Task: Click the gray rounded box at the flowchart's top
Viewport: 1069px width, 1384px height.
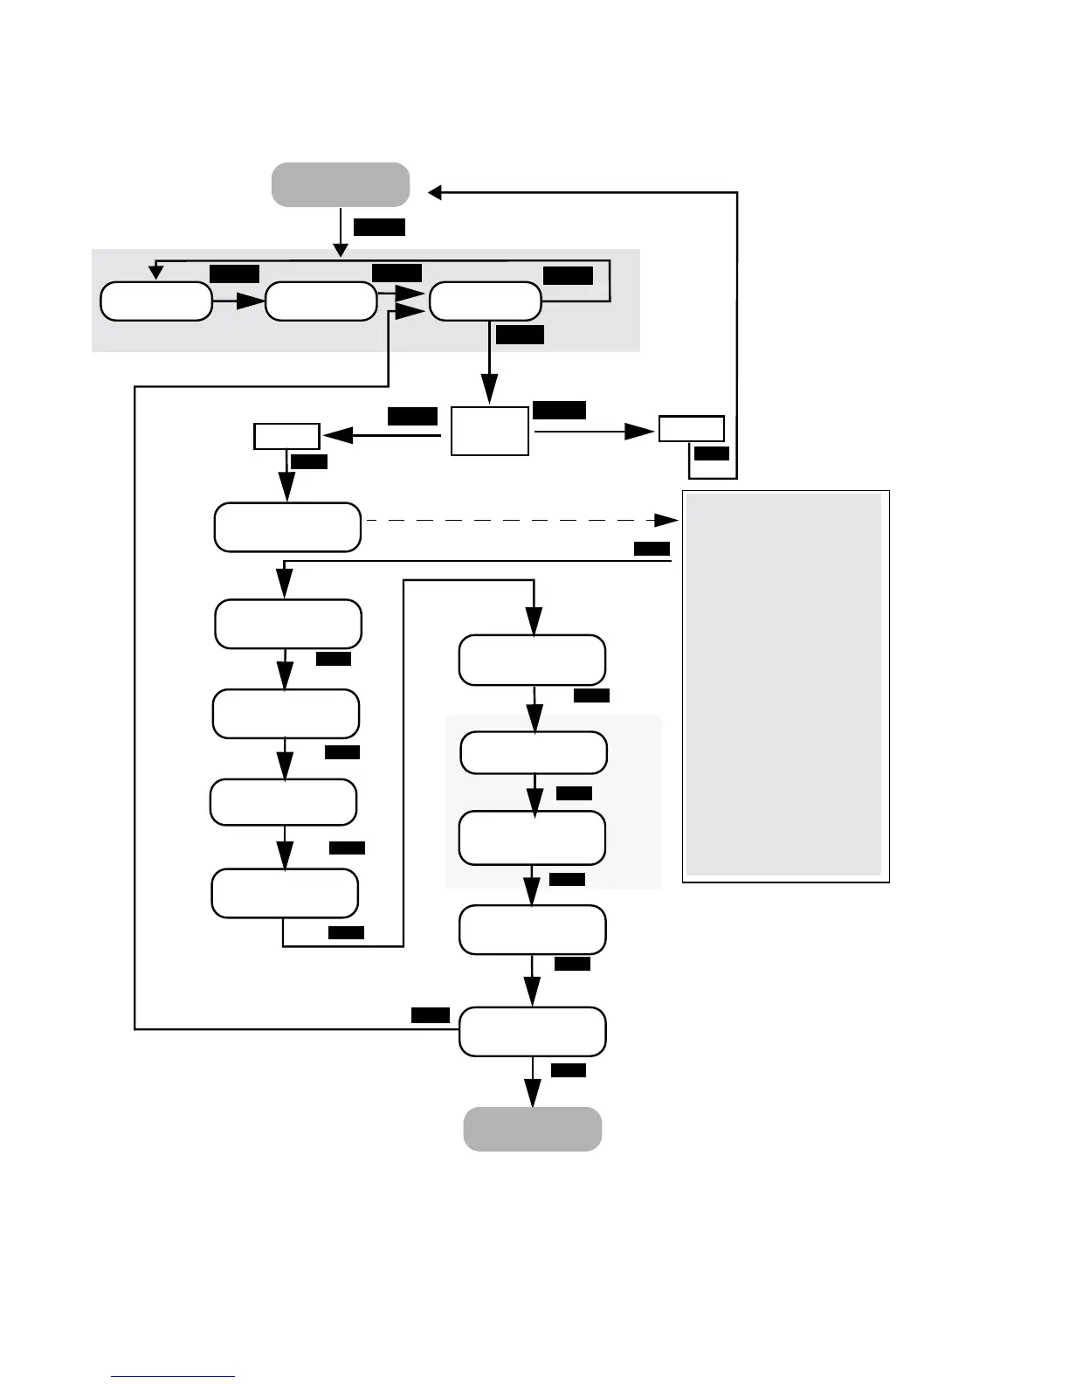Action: click(x=341, y=184)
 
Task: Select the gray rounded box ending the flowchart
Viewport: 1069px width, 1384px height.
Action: click(x=532, y=1129)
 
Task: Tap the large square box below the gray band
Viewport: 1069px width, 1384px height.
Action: click(x=489, y=431)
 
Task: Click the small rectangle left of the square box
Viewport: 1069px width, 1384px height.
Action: click(x=286, y=436)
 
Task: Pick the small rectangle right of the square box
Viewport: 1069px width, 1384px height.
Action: click(x=691, y=429)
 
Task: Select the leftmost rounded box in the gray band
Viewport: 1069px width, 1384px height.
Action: click(x=156, y=301)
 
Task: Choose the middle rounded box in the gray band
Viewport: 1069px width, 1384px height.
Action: click(x=321, y=301)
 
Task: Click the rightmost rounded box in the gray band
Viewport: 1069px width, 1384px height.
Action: click(x=485, y=301)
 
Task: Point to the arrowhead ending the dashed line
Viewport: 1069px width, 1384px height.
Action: click(x=668, y=521)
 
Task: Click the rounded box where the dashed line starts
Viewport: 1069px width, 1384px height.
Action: click(x=287, y=527)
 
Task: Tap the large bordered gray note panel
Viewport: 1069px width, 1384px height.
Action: click(x=785, y=686)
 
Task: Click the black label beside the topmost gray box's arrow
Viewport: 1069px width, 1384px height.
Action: click(x=379, y=227)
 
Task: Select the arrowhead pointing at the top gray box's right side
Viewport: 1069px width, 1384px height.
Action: click(x=434, y=192)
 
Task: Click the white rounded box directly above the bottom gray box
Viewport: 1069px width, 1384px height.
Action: click(x=532, y=1032)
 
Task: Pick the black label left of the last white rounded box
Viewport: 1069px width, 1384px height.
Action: click(x=430, y=1015)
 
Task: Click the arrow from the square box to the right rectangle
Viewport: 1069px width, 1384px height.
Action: click(x=594, y=431)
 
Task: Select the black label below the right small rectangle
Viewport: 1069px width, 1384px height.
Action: click(x=711, y=453)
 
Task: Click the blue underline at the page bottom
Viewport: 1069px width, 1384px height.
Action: click(x=173, y=1376)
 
